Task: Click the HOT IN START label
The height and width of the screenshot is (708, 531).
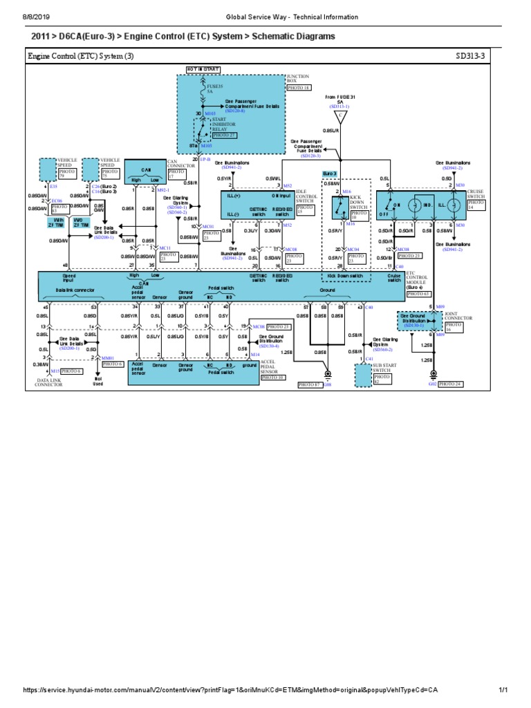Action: click(x=202, y=70)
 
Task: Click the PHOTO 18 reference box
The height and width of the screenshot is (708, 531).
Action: click(x=298, y=88)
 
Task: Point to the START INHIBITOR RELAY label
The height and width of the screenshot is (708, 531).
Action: click(x=224, y=123)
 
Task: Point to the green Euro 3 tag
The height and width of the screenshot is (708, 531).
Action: click(x=330, y=174)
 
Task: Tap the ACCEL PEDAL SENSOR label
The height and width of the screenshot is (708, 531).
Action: click(x=271, y=371)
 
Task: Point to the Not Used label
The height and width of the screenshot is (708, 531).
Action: click(x=97, y=381)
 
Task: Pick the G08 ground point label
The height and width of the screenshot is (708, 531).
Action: click(x=327, y=384)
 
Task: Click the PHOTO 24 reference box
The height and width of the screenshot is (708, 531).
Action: click(x=451, y=383)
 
